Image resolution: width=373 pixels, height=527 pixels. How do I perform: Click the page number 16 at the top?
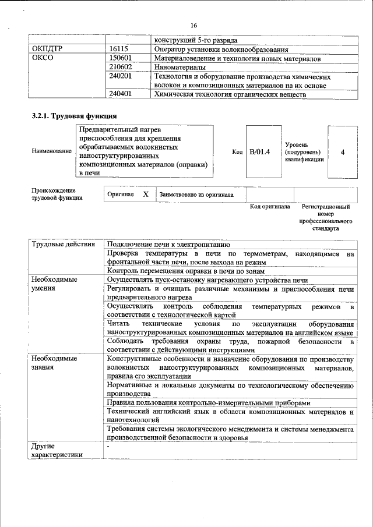pos(193,25)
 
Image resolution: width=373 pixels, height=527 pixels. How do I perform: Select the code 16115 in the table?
pos(119,50)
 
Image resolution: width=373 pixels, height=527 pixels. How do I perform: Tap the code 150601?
pos(121,59)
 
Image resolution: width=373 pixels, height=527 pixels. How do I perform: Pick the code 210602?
pos(121,68)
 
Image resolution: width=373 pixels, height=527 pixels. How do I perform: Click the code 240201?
pos(121,76)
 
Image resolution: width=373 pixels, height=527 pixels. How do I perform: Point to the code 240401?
pos(121,94)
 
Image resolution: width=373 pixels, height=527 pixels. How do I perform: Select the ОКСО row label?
pos(43,59)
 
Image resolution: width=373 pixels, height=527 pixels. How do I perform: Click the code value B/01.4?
pos(259,152)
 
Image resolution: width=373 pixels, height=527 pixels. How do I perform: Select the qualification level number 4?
pos(342,152)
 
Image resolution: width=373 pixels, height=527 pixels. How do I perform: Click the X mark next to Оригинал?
pos(145,194)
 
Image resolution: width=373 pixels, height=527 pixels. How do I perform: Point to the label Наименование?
pos(52,152)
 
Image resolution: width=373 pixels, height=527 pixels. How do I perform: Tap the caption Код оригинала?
pos(269,207)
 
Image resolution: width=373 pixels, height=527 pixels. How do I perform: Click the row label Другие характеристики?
pos(57,450)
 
